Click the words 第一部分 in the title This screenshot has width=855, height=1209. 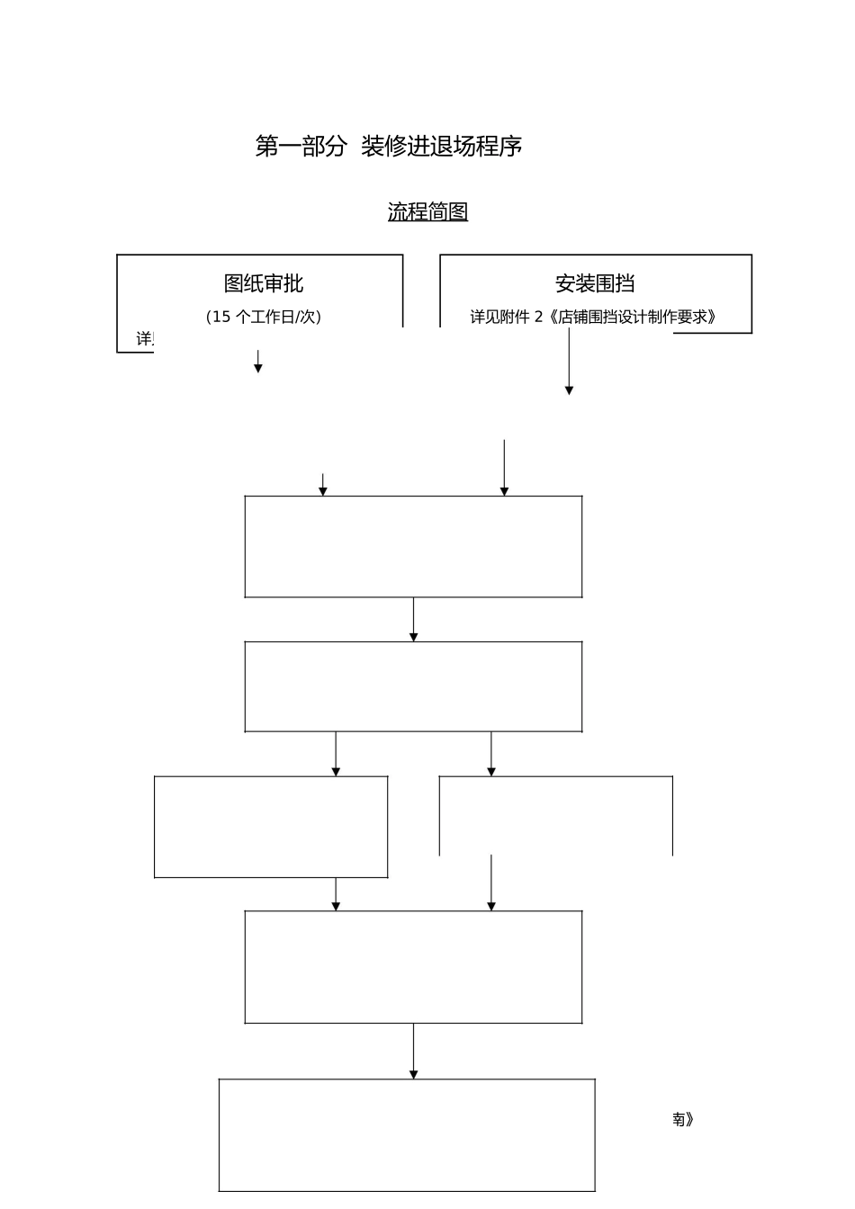pyautogui.click(x=301, y=147)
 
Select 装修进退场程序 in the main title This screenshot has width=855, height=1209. pyautogui.click(x=442, y=147)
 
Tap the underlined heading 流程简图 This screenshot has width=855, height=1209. pyautogui.click(x=427, y=212)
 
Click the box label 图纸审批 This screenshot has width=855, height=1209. pyautogui.click(x=264, y=283)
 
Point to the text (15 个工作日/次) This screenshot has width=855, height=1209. pyautogui.click(x=264, y=317)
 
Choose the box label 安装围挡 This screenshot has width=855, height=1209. pyautogui.click(x=595, y=283)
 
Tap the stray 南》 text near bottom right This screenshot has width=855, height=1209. pyautogui.click(x=682, y=1119)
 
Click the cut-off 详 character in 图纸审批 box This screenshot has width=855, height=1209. pyautogui.click(x=144, y=339)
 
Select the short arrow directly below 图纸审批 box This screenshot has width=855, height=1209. pyautogui.click(x=258, y=362)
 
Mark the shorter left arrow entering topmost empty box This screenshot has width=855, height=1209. pyautogui.click(x=323, y=485)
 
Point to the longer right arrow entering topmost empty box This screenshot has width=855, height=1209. pyautogui.click(x=504, y=468)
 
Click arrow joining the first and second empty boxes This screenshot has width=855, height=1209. pyautogui.click(x=414, y=620)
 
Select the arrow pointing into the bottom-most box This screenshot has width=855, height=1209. pyautogui.click(x=414, y=1052)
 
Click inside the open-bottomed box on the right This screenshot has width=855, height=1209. pyautogui.click(x=555, y=814)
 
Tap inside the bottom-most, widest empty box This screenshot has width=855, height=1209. pyautogui.click(x=407, y=1134)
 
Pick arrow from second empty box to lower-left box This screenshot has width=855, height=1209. pyautogui.click(x=336, y=754)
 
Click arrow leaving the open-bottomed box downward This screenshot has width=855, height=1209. pyautogui.click(x=491, y=883)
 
